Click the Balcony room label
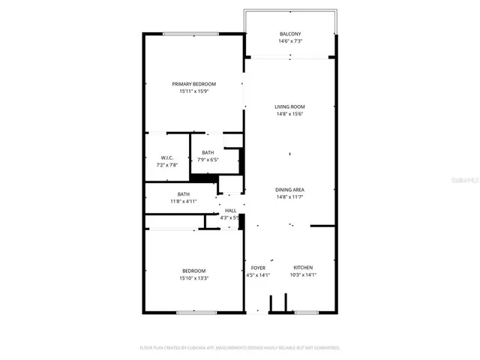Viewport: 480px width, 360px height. [x=290, y=34]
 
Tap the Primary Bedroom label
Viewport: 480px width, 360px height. [x=193, y=84]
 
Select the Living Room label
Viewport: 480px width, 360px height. [x=289, y=106]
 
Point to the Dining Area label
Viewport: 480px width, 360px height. [x=289, y=190]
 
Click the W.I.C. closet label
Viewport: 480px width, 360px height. [x=167, y=157]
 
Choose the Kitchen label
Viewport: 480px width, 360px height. [x=303, y=268]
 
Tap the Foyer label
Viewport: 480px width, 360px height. [x=258, y=268]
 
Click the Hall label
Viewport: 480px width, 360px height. [x=230, y=211]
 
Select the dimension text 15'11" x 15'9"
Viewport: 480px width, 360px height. [x=193, y=91]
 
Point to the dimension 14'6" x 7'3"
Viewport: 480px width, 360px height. [x=290, y=41]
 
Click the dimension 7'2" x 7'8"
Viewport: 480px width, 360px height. [x=167, y=164]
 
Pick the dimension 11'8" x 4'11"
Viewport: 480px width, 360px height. [x=183, y=201]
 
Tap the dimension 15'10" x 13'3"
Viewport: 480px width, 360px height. [x=193, y=278]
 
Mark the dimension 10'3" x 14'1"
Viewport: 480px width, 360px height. [x=303, y=275]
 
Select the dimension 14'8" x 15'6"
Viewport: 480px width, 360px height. [x=289, y=114]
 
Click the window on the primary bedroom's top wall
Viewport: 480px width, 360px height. [x=186, y=33]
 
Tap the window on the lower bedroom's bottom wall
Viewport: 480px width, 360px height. [x=196, y=312]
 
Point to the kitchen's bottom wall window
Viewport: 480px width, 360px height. [x=305, y=312]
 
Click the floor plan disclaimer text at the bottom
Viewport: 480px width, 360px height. [x=240, y=348]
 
